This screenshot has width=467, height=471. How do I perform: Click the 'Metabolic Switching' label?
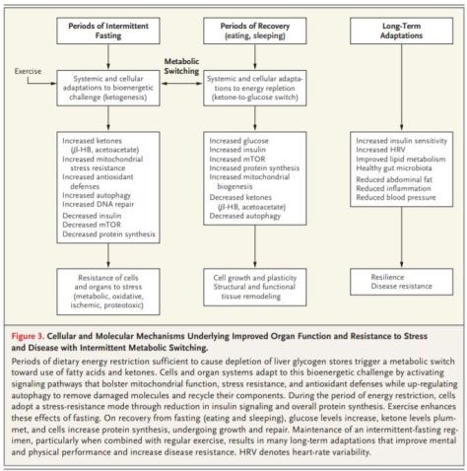pyautogui.click(x=182, y=64)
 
